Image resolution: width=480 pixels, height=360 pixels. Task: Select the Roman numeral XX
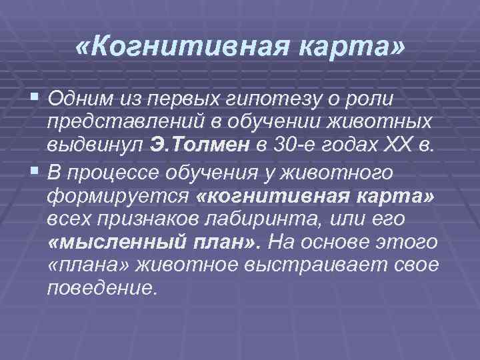coord(394,147)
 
